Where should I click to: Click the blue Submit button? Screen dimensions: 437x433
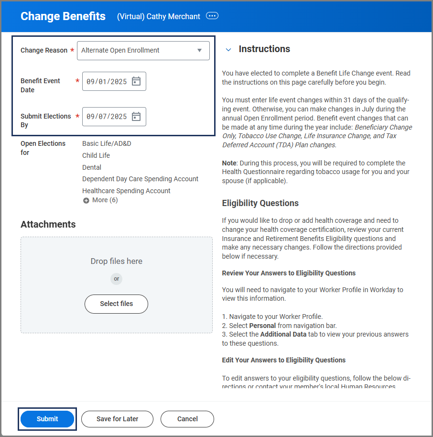click(47, 419)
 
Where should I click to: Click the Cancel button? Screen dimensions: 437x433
click(187, 419)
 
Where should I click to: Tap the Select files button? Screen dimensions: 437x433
click(116, 304)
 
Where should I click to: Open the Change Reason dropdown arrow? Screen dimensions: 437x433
click(199, 50)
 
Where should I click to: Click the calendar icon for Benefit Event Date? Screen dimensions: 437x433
click(136, 81)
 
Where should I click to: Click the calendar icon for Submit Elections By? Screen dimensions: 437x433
click(136, 116)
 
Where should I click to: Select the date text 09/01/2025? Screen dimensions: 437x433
click(107, 81)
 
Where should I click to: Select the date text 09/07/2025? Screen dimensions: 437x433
click(107, 117)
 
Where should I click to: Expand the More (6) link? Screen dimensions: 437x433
click(100, 200)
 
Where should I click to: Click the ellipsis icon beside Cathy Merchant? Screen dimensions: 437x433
click(212, 16)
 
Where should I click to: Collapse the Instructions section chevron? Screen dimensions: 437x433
click(228, 49)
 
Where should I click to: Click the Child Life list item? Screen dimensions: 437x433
click(96, 155)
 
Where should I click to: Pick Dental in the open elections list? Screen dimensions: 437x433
click(92, 167)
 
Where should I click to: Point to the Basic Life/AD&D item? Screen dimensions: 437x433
click(107, 143)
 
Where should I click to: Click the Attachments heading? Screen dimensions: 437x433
click(48, 224)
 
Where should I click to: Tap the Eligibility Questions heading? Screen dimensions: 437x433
click(260, 203)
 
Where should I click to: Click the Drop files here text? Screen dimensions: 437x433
click(116, 261)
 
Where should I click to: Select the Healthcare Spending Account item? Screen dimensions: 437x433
click(126, 191)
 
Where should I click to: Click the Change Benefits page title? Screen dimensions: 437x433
click(63, 16)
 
